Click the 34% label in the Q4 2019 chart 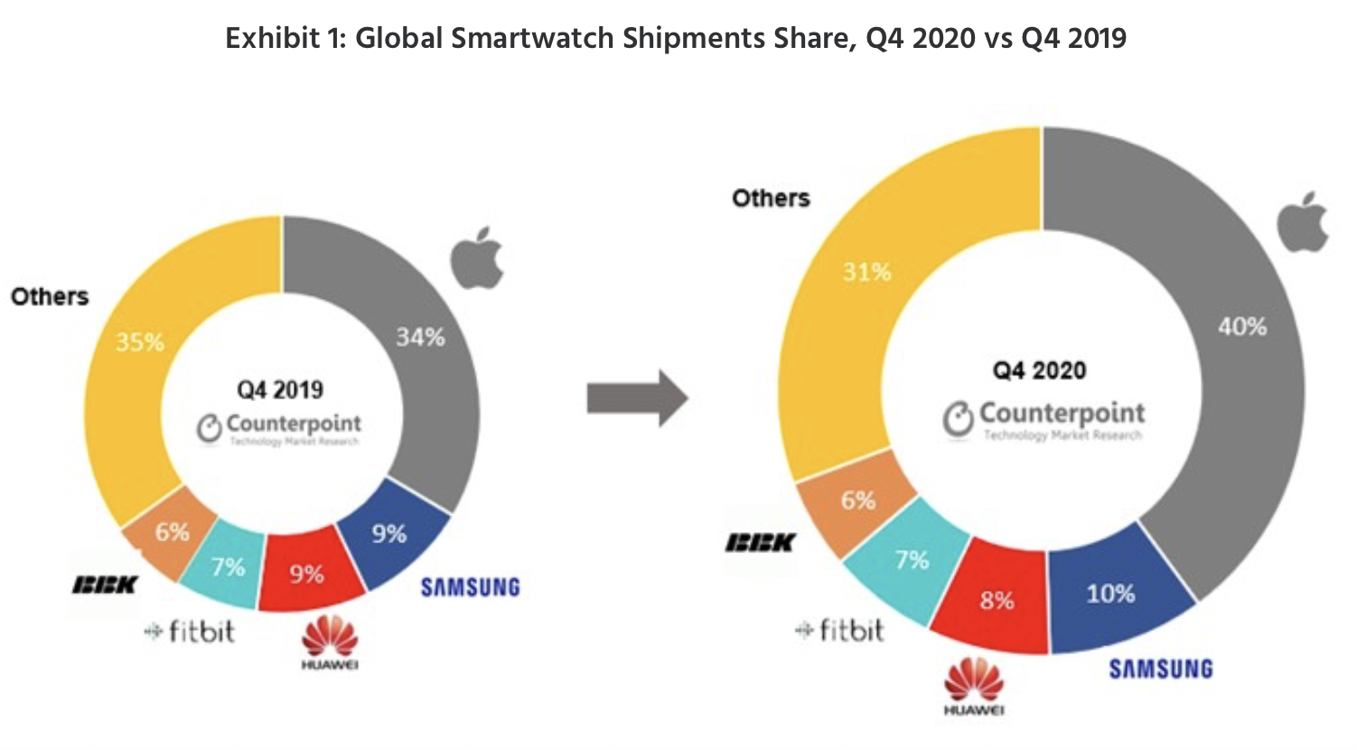(420, 337)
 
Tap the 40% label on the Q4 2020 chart (1241, 326)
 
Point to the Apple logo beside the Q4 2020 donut (1304, 222)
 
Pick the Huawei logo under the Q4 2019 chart (330, 642)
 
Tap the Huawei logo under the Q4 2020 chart (974, 686)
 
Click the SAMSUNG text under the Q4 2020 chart (1160, 669)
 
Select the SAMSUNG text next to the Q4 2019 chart (470, 587)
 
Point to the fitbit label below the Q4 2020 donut (839, 630)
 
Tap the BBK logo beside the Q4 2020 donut (760, 542)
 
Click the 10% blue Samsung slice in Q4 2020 (1110, 594)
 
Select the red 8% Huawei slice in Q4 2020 (997, 600)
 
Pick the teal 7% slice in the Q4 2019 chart (228, 567)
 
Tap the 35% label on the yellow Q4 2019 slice (140, 342)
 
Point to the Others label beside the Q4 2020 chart (771, 198)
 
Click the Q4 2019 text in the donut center (280, 389)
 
